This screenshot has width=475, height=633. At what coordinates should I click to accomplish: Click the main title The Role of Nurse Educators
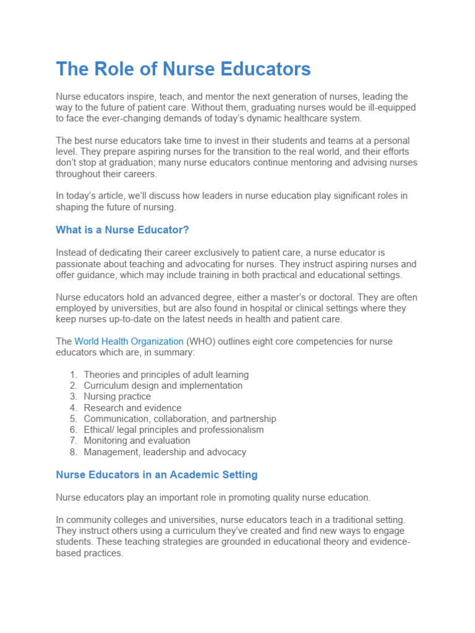pos(183,69)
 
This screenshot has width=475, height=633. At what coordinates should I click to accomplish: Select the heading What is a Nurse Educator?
pos(122,230)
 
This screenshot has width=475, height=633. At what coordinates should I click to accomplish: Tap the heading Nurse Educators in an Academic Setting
pos(156,475)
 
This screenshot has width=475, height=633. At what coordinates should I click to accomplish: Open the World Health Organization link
pos(129,341)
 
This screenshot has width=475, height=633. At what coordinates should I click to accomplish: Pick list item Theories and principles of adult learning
pos(166,375)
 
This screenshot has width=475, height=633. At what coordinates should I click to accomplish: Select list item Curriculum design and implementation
pos(163,386)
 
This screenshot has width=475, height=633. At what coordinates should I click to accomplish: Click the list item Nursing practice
pos(117,397)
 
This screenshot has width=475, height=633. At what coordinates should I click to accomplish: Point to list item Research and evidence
pos(132,408)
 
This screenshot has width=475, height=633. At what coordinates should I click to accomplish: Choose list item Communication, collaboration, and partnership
pos(179,419)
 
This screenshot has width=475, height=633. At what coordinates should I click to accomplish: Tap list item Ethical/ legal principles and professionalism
pos(173,430)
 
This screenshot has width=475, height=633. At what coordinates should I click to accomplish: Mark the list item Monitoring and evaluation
pos(137,441)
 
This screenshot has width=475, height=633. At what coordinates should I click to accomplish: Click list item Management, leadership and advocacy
pos(165,452)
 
